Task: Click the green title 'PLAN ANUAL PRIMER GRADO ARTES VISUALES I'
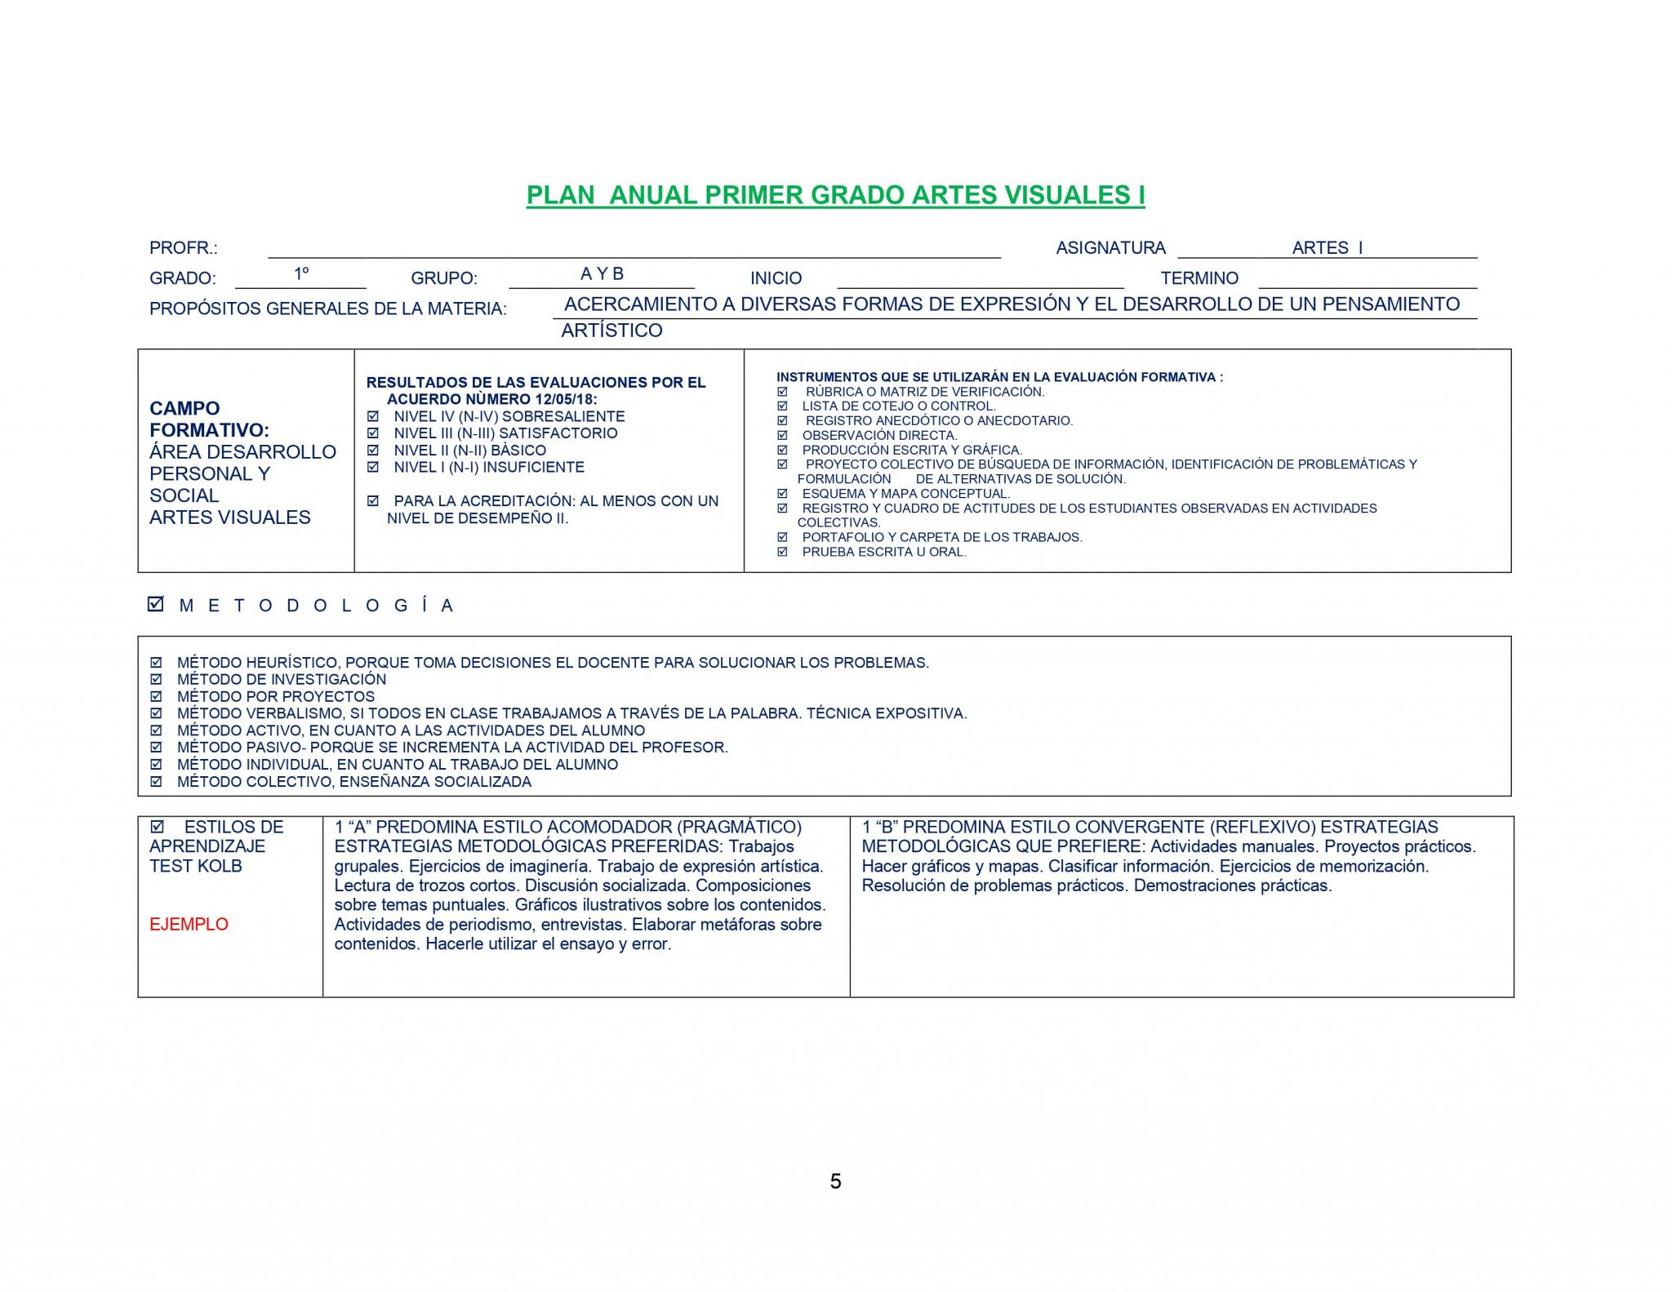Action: point(835,196)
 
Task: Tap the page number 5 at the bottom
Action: point(835,1181)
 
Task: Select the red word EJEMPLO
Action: point(189,925)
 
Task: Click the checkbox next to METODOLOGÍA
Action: point(156,604)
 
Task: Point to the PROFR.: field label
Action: point(184,248)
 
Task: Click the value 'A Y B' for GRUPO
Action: point(602,274)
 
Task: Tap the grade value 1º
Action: point(301,274)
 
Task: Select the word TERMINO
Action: point(1199,278)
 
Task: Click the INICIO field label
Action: point(776,278)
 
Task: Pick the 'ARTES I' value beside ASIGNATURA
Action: point(1327,248)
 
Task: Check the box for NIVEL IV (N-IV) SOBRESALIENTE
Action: point(373,416)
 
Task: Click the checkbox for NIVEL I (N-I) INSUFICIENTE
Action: point(373,468)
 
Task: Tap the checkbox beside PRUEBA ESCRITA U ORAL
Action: point(782,553)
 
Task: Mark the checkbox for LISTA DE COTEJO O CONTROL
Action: point(782,406)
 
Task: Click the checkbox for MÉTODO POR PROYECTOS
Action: point(156,697)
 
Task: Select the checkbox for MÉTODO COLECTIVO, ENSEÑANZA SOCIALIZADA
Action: point(156,782)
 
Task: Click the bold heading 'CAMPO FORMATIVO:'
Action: point(208,419)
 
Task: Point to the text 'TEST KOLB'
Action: point(196,866)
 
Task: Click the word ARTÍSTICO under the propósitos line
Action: point(611,331)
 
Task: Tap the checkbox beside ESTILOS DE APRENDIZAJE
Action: point(157,827)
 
